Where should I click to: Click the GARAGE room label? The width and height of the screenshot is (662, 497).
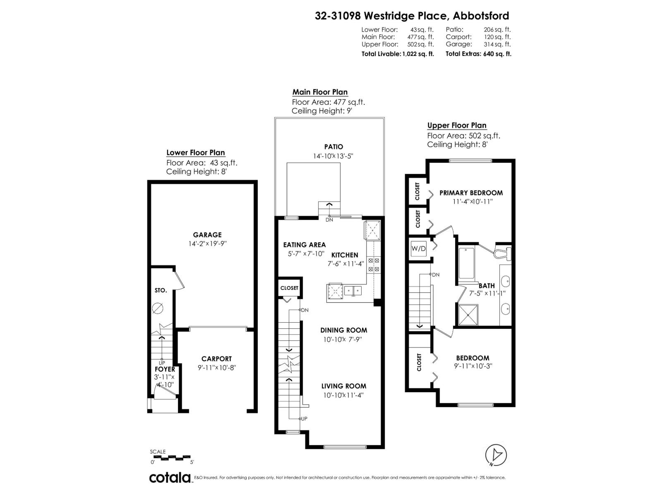[x=207, y=235]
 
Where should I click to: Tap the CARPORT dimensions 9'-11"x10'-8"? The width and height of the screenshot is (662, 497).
[x=216, y=367]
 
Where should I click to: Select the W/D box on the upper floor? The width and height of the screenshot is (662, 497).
[x=418, y=248]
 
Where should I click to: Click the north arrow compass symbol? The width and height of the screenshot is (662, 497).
[x=496, y=455]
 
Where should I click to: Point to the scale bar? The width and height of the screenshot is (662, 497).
[x=172, y=458]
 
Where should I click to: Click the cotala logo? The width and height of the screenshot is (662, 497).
[x=170, y=478]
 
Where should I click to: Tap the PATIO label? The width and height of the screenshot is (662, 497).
[x=333, y=147]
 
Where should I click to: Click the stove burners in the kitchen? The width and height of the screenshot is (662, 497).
[x=374, y=265]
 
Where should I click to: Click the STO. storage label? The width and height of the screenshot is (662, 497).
[x=161, y=290]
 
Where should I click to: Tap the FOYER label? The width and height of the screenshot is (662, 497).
[x=165, y=369]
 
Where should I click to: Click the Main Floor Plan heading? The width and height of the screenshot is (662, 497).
[x=320, y=92]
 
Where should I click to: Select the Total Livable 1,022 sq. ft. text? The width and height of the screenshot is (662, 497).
[x=397, y=54]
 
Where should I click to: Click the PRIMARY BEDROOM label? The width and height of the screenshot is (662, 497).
[x=471, y=193]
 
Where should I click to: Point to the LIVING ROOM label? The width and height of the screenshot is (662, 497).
[x=343, y=386]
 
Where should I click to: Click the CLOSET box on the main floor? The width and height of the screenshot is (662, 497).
[x=289, y=288]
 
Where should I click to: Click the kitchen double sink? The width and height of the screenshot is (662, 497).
[x=352, y=291]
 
